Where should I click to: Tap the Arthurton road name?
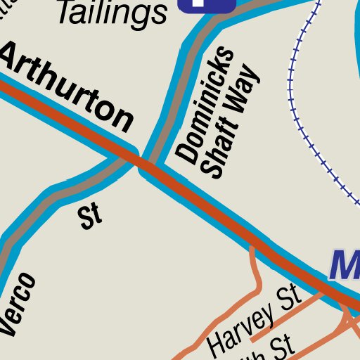[x=67, y=87]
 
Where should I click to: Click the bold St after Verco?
[x=91, y=217]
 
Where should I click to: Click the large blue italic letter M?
[x=345, y=266]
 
